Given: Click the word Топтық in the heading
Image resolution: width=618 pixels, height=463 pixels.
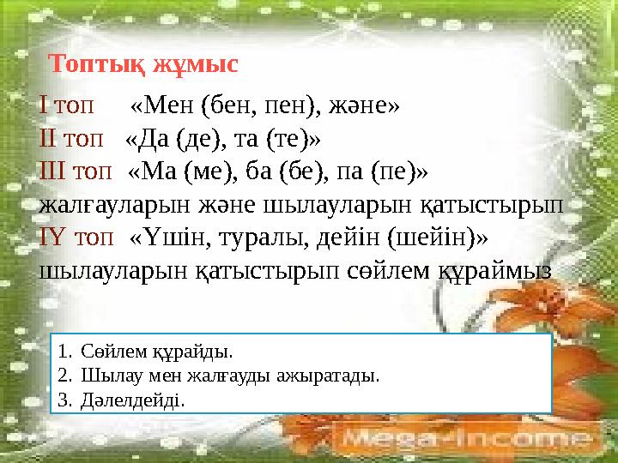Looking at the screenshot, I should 98,64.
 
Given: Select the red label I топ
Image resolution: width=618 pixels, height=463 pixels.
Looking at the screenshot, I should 68,106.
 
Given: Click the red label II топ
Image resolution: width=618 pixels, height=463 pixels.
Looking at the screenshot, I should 72,138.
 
